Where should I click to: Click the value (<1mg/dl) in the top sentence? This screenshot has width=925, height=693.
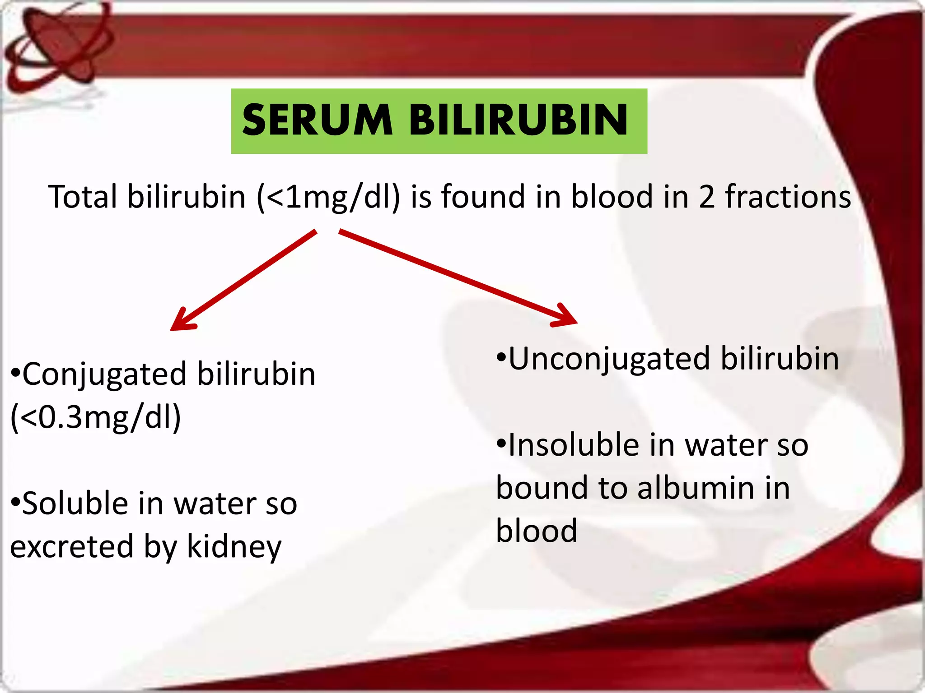(328, 197)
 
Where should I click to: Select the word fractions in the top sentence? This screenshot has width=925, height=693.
(788, 197)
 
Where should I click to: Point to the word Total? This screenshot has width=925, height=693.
(83, 197)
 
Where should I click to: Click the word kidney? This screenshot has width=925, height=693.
(234, 547)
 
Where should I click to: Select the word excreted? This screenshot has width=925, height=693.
(71, 547)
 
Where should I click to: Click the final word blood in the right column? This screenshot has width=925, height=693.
(537, 531)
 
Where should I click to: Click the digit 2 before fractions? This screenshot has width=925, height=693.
(707, 197)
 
